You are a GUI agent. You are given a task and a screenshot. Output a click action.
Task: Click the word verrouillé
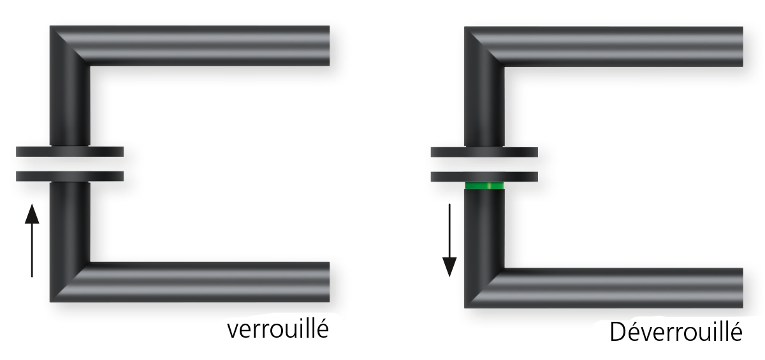(278, 329)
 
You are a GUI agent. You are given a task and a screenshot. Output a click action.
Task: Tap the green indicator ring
(484, 185)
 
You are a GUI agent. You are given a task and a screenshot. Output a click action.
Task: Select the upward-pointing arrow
(32, 241)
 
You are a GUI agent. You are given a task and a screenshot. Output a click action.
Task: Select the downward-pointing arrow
(449, 241)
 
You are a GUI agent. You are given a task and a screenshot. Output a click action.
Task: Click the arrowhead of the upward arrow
(32, 213)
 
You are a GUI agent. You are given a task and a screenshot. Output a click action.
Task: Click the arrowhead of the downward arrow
(449, 268)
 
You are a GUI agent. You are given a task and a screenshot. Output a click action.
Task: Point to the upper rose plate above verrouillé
(69, 152)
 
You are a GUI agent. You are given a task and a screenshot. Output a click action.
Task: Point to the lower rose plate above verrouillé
(69, 176)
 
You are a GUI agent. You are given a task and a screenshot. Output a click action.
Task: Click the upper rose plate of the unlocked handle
(484, 152)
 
